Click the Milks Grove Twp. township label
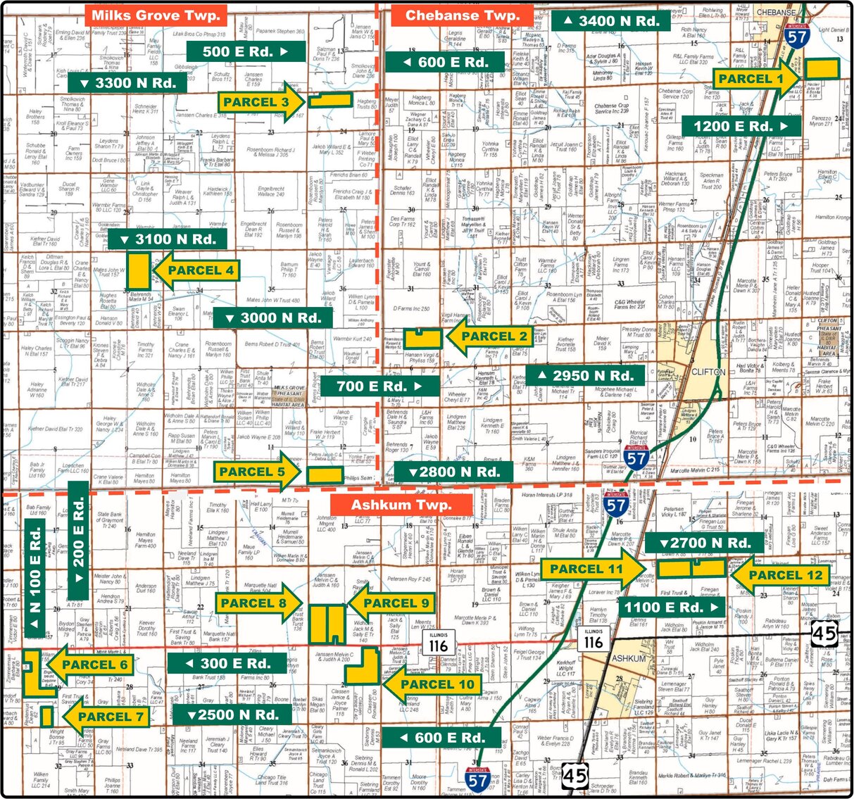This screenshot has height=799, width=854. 156,15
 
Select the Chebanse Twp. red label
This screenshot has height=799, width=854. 463,15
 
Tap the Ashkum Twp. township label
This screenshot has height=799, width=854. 401,505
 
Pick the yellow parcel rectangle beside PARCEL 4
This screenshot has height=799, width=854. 138,270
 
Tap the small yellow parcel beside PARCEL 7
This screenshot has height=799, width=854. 46,717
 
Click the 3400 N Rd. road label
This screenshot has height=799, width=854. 610,20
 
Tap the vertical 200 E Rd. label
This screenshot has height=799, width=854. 78,539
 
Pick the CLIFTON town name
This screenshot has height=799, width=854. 708,372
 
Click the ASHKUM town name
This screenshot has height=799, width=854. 629,658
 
